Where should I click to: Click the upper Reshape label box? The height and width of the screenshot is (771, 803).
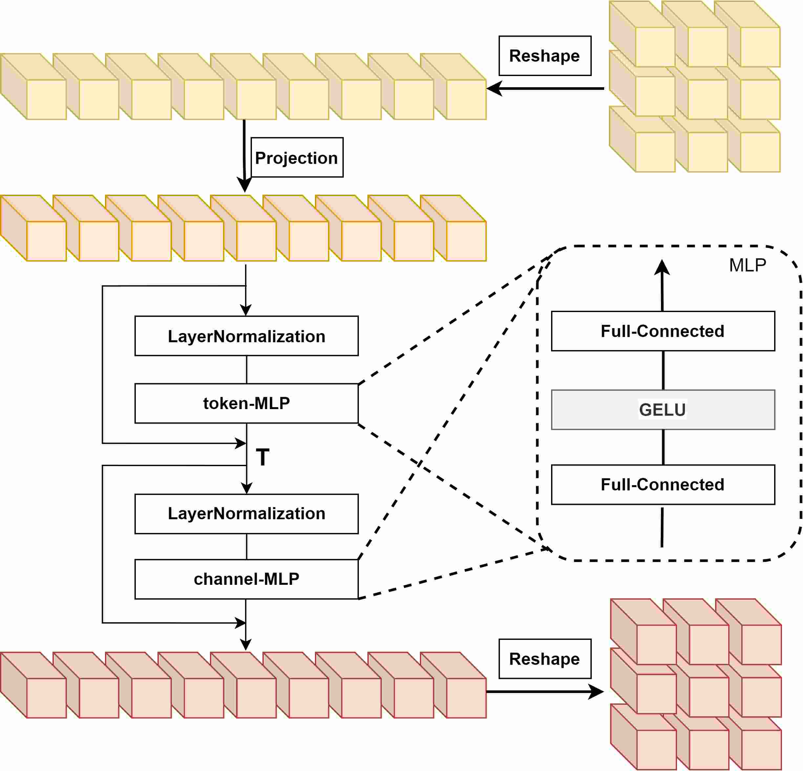pyautogui.click(x=545, y=56)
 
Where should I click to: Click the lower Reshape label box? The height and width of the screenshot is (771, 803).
pyautogui.click(x=545, y=659)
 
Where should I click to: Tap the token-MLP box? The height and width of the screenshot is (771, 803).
pyautogui.click(x=246, y=403)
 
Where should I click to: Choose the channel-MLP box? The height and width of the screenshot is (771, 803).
pyautogui.click(x=246, y=579)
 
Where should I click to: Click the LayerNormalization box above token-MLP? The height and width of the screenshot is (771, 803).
pyautogui.click(x=246, y=336)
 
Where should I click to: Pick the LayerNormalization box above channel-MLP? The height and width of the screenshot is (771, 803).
pyautogui.click(x=246, y=513)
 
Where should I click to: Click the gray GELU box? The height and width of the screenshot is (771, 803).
pyautogui.click(x=663, y=409)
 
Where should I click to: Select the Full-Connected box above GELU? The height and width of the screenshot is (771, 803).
pyautogui.click(x=663, y=331)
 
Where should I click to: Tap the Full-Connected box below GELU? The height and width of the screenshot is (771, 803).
pyautogui.click(x=663, y=484)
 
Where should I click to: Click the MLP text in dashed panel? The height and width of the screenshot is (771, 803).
pyautogui.click(x=747, y=265)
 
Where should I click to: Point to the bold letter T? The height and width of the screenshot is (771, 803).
pyautogui.click(x=263, y=457)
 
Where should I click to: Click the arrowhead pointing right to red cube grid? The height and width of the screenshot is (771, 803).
pyautogui.click(x=596, y=692)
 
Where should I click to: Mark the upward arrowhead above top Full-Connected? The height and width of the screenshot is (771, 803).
pyautogui.click(x=662, y=267)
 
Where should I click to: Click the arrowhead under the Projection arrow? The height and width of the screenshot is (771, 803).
pyautogui.click(x=245, y=185)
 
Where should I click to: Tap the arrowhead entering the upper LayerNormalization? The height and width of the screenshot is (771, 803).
pyautogui.click(x=245, y=310)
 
